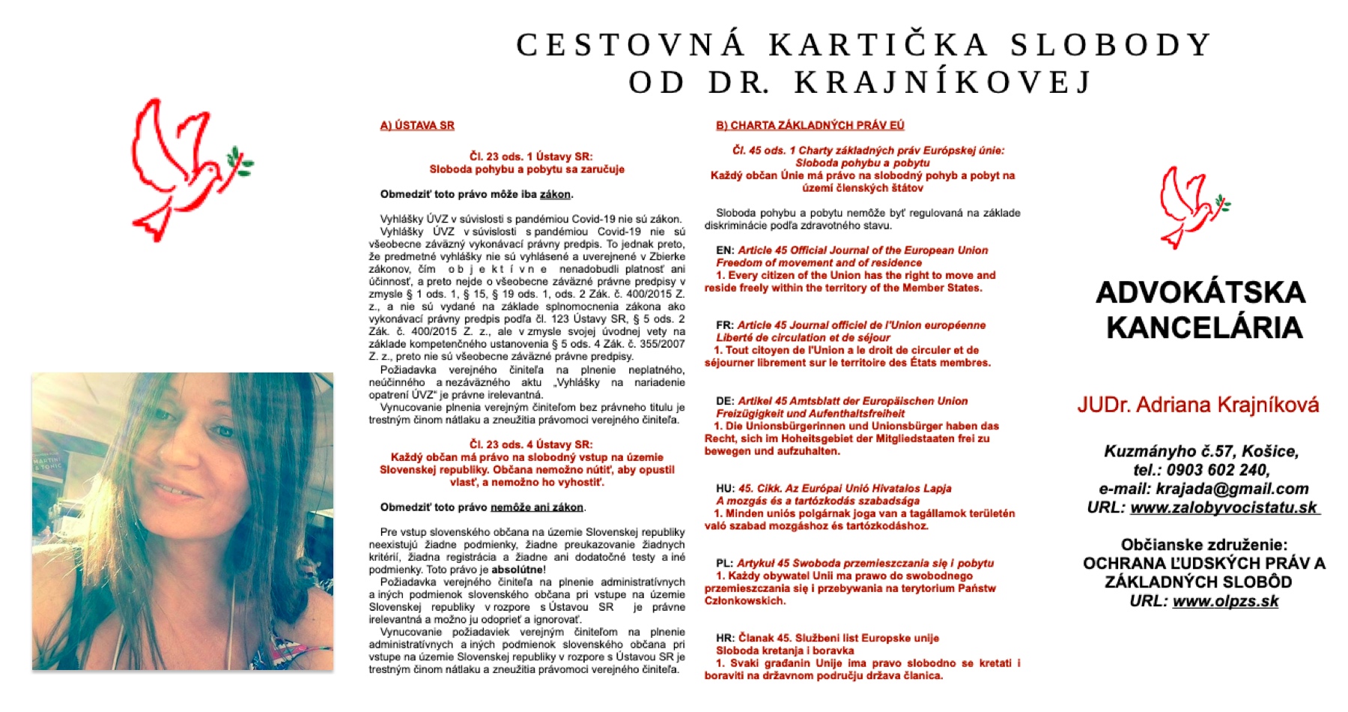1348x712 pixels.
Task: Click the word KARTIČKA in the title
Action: pyautogui.click(x=878, y=45)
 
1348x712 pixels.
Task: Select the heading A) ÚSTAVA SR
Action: pyautogui.click(x=417, y=125)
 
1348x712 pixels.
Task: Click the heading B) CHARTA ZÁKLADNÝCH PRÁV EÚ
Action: pyautogui.click(x=810, y=125)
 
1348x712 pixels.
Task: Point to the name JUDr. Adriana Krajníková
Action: pyautogui.click(x=1198, y=405)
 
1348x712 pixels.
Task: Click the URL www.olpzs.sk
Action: pyautogui.click(x=1225, y=601)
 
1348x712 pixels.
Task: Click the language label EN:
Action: pyautogui.click(x=725, y=250)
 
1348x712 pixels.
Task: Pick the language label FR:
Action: pyautogui.click(x=724, y=325)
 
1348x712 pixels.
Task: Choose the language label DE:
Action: pyautogui.click(x=725, y=401)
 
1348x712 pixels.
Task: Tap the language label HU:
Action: pyautogui.click(x=725, y=489)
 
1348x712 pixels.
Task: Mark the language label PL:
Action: pyautogui.click(x=724, y=564)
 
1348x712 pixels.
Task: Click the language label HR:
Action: pyautogui.click(x=725, y=639)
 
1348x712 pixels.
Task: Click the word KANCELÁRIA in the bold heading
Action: pyautogui.click(x=1204, y=328)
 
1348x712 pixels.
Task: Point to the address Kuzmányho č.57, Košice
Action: pyautogui.click(x=1201, y=451)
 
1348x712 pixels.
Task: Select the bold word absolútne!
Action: pyautogui.click(x=518, y=570)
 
